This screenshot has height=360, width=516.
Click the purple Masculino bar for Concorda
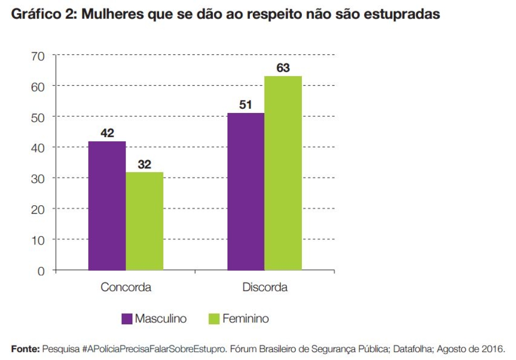point(107,206)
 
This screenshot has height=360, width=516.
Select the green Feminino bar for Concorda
point(144,221)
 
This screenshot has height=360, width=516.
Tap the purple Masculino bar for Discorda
point(246,192)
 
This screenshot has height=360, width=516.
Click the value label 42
point(107,133)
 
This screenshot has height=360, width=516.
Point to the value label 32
point(144,164)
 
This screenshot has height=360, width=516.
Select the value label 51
point(246,105)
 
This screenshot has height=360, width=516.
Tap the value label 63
point(283,68)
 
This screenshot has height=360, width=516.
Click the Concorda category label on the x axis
point(126,287)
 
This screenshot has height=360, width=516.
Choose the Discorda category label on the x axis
point(264,287)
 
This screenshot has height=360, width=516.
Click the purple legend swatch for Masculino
point(127,319)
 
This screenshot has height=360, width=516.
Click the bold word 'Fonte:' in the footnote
point(25,348)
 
